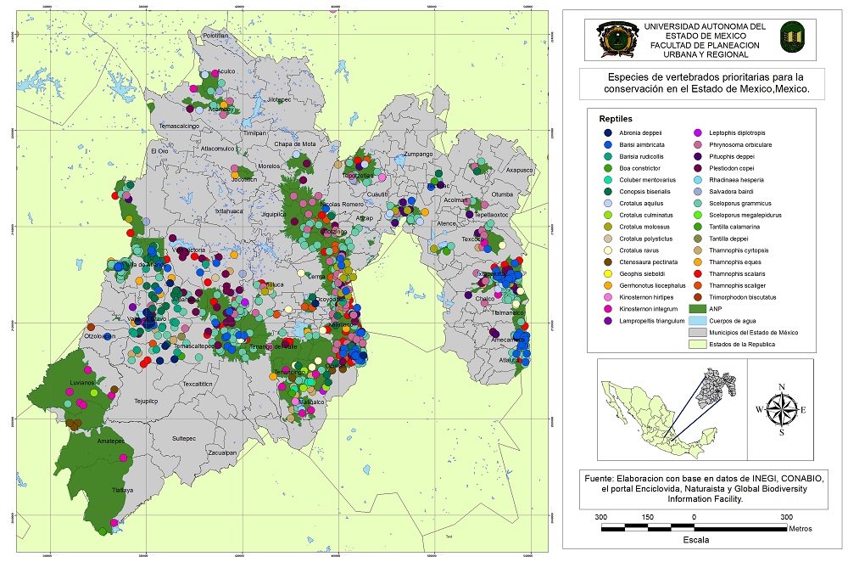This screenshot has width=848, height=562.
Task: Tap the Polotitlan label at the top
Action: coord(216,36)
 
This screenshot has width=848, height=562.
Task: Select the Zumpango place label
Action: coord(418,155)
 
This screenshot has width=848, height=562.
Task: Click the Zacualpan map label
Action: coord(222,453)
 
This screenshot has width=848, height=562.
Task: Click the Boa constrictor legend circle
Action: coord(609,169)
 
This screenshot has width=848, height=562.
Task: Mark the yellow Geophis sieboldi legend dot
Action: coord(609,274)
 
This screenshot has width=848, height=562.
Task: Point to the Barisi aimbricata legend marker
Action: coord(609,145)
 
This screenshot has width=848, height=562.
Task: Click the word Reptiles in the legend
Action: coord(615,119)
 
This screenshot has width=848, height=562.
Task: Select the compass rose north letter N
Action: coord(782,387)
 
